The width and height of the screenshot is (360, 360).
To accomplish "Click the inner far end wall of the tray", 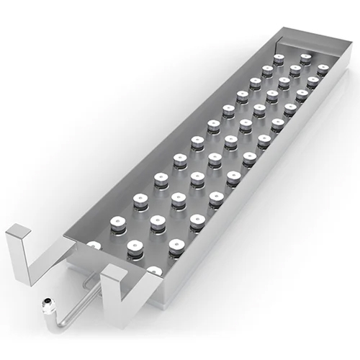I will pos(310,47).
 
